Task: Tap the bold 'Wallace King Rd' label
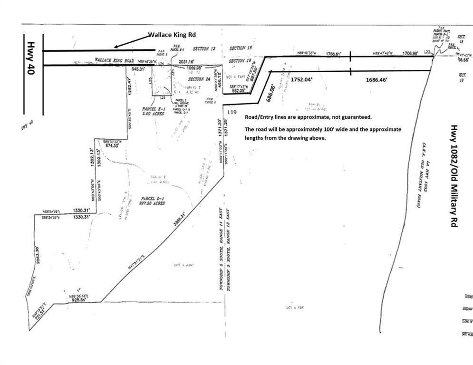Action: point(172,35)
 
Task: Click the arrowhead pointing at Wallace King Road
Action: point(116,47)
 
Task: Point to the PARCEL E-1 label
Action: point(153,110)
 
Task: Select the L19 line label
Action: point(232,112)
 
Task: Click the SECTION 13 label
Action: point(204,48)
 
